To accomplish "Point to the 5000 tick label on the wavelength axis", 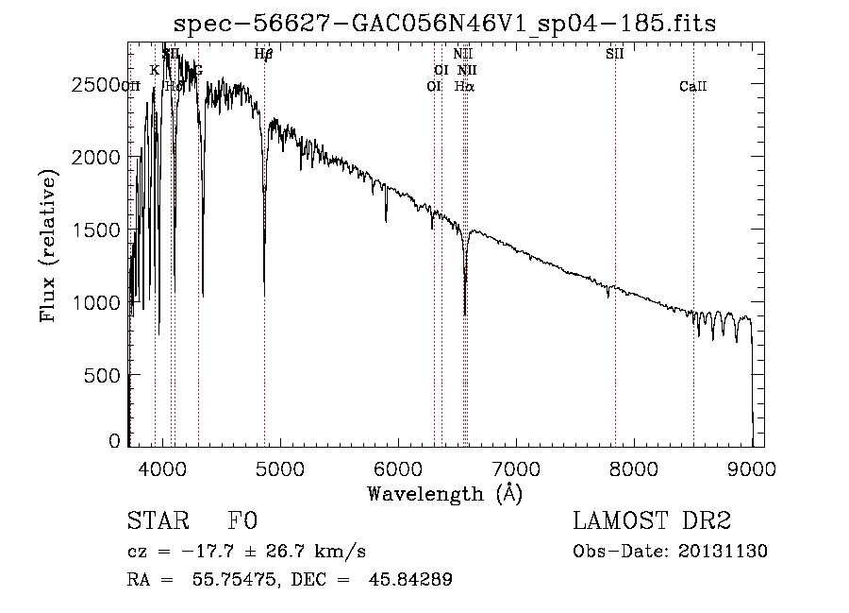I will click(280, 467).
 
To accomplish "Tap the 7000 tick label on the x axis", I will click(516, 467).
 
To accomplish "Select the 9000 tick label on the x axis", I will click(752, 467).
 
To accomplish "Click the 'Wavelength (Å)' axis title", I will click(444, 493).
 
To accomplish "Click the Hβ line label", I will click(264, 55).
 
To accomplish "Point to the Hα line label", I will click(464, 86).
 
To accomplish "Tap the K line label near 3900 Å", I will click(155, 70).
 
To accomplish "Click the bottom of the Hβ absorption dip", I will click(264, 295).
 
